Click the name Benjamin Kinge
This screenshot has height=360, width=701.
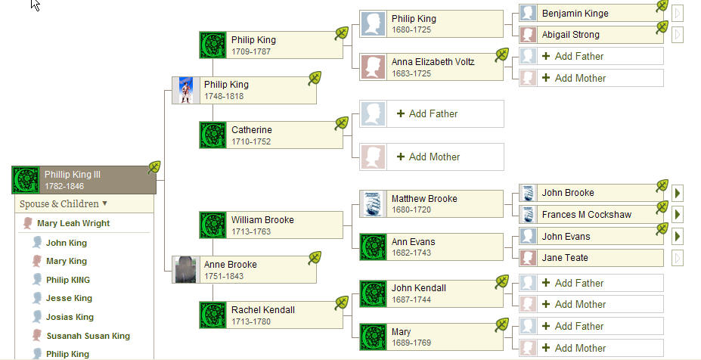pyautogui.click(x=575, y=14)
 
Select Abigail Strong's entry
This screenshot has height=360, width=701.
pyautogui.click(x=570, y=35)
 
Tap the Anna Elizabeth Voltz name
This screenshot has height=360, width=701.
pyautogui.click(x=433, y=62)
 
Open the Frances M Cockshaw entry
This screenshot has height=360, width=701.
pyautogui.click(x=586, y=215)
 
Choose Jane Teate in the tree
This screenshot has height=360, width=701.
pyautogui.click(x=565, y=258)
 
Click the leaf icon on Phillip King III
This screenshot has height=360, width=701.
pyautogui.click(x=155, y=167)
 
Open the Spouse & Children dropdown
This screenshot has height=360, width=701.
pyautogui.click(x=64, y=203)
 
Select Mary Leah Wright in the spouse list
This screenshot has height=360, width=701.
pyautogui.click(x=73, y=223)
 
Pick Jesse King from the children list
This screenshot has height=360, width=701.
pyautogui.click(x=69, y=298)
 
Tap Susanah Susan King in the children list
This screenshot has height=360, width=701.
pyautogui.click(x=88, y=336)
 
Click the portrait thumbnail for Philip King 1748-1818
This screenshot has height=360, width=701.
pyautogui.click(x=185, y=91)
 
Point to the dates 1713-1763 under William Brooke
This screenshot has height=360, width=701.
pyautogui.click(x=251, y=231)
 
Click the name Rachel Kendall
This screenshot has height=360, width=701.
pyautogui.click(x=263, y=310)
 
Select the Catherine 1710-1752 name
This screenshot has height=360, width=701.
pyautogui.click(x=252, y=130)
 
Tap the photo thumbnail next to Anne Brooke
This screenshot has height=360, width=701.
pyautogui.click(x=185, y=270)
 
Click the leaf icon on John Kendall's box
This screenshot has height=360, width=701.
pyautogui.click(x=502, y=282)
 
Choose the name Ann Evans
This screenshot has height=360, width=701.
pyautogui.click(x=413, y=242)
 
